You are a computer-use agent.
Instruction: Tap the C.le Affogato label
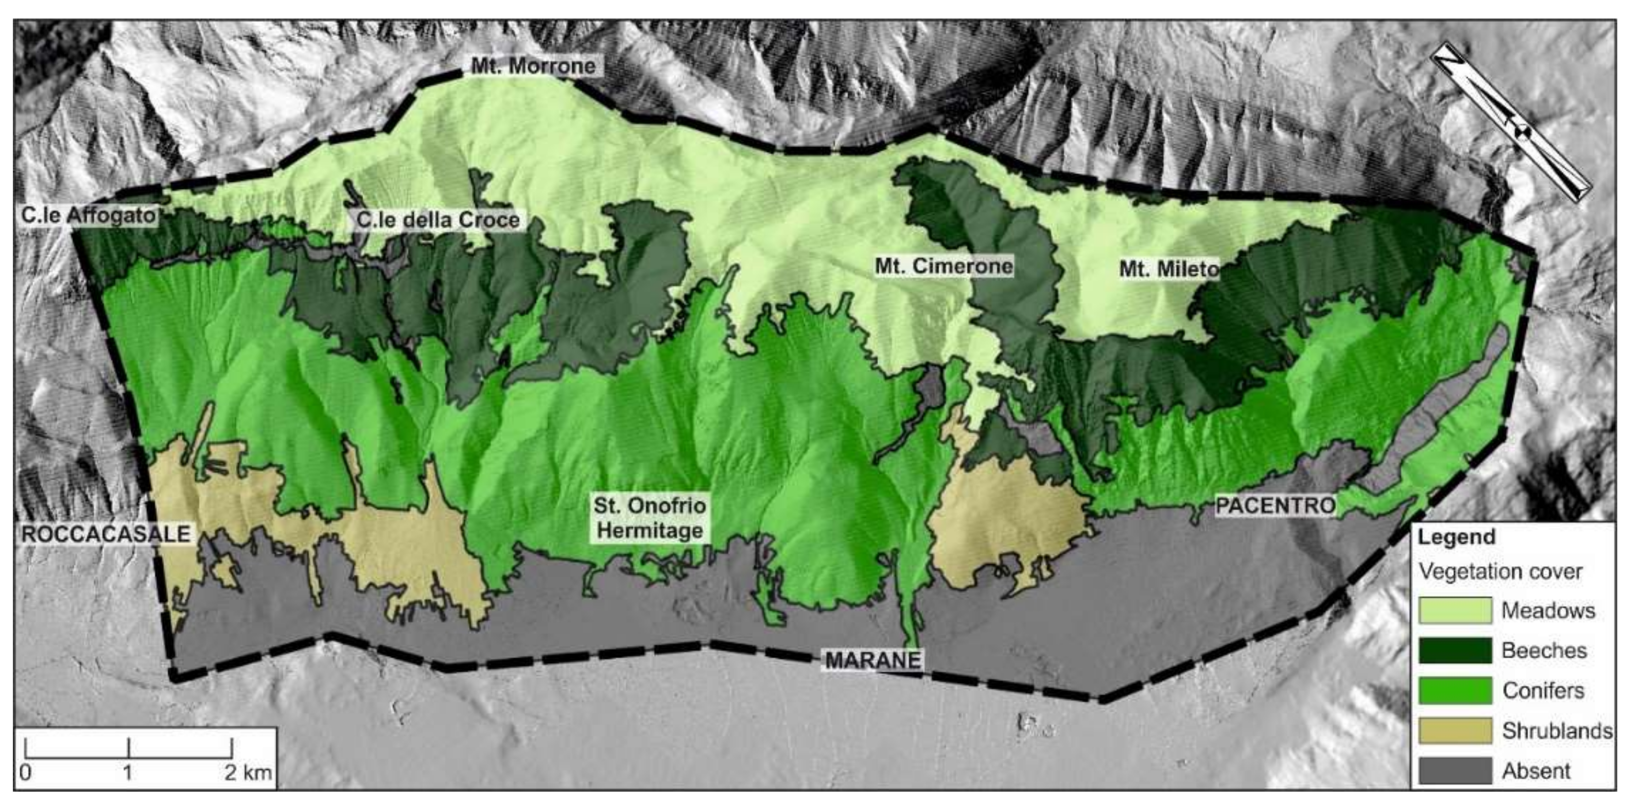click(x=88, y=216)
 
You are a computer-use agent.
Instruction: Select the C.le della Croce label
click(x=438, y=220)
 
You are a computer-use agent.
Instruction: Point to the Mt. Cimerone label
click(x=944, y=266)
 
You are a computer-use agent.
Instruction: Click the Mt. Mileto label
click(x=1168, y=269)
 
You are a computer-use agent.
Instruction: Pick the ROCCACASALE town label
click(x=106, y=534)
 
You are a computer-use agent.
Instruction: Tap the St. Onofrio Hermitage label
click(x=650, y=518)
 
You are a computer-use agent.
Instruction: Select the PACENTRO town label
click(x=1276, y=505)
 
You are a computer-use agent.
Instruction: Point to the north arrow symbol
click(x=1511, y=122)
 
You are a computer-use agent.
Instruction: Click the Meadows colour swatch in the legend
click(x=1455, y=610)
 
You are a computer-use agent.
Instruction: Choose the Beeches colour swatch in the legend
click(x=1455, y=650)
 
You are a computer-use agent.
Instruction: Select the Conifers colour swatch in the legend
click(x=1455, y=691)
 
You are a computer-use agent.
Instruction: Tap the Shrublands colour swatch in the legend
click(x=1455, y=731)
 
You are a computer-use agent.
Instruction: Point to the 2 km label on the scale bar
click(x=248, y=772)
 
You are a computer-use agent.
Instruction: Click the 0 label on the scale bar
click(x=26, y=772)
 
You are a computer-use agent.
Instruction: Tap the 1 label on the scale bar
click(x=128, y=772)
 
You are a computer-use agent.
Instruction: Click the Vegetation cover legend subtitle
click(x=1500, y=571)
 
